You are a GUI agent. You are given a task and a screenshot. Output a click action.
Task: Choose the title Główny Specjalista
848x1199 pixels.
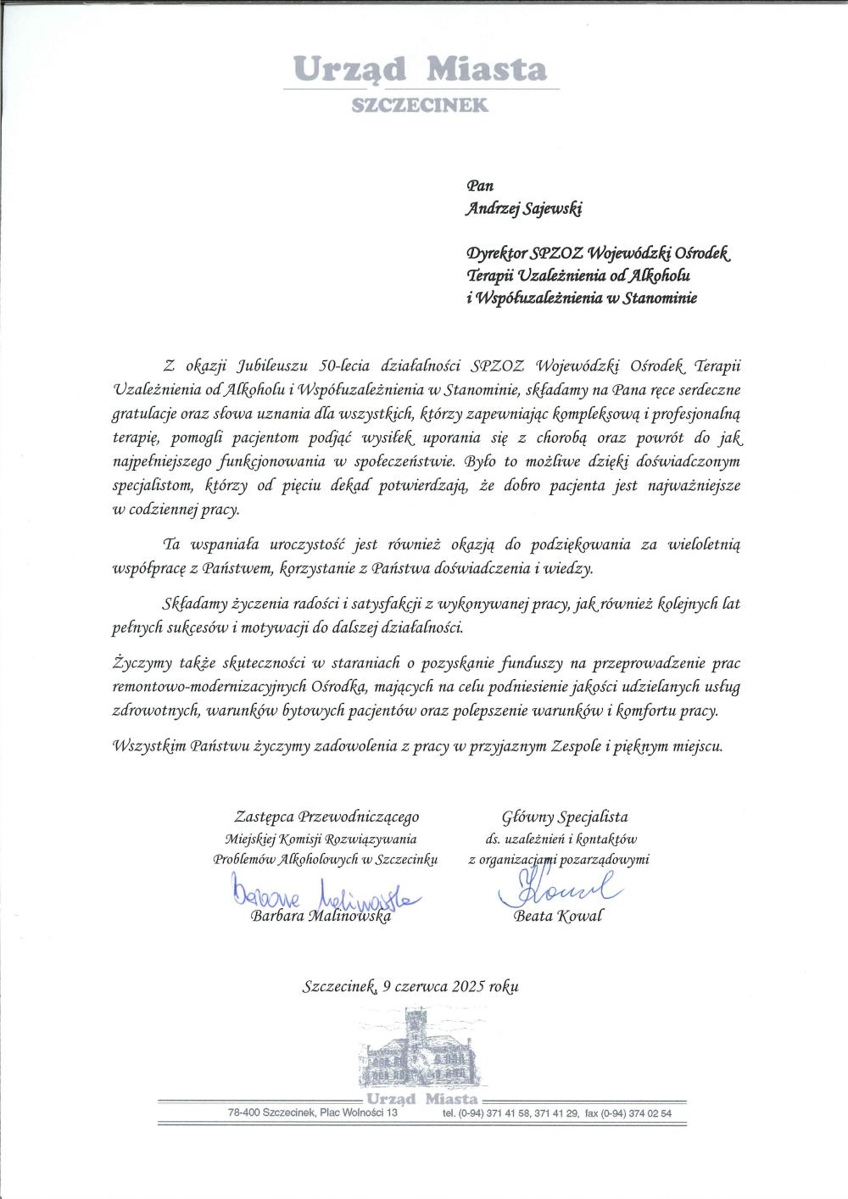(x=565, y=817)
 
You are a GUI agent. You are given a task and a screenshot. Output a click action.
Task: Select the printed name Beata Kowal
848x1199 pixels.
(x=558, y=917)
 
